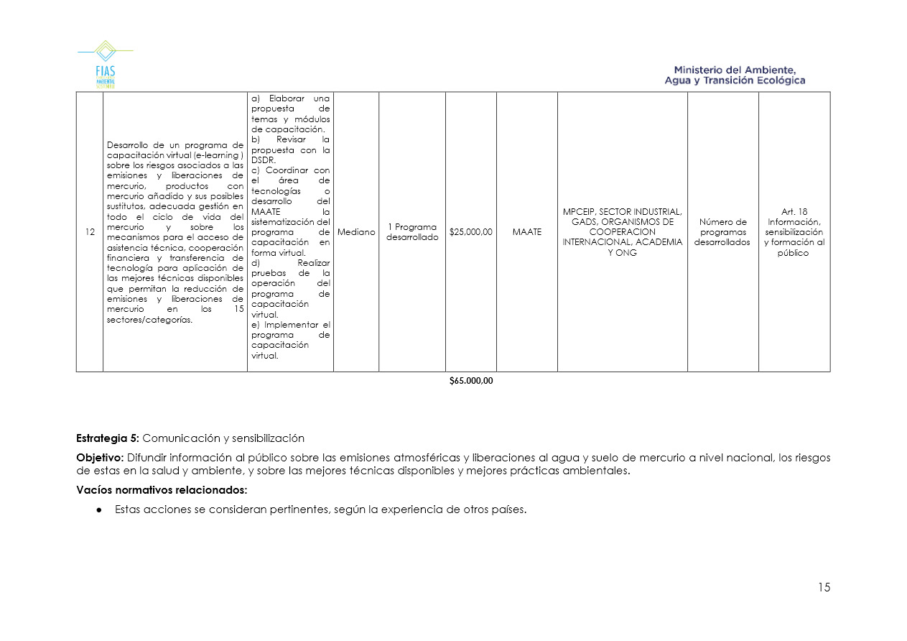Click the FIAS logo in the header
point(105,65)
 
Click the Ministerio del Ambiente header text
point(735,75)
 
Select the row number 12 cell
point(90,232)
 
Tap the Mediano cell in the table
point(356,232)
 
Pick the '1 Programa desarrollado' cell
point(412,232)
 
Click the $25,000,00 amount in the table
point(471,232)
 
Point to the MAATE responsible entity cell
point(526,232)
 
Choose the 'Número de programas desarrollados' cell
point(722,232)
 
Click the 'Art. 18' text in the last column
point(794,212)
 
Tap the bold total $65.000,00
point(471,382)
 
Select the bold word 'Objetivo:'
point(100,458)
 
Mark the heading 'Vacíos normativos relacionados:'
point(162,490)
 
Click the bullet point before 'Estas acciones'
point(100,510)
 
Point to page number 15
point(823,588)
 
